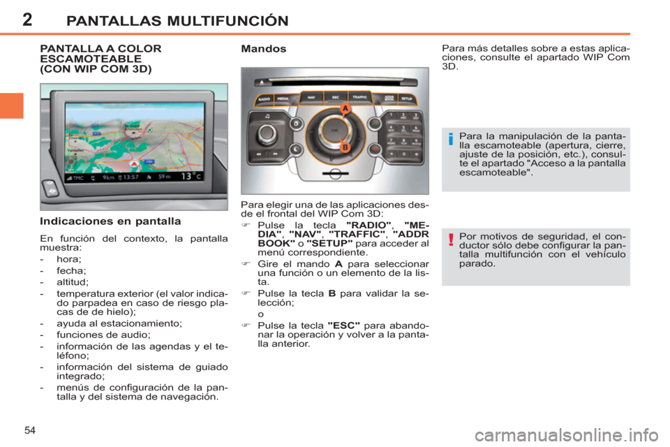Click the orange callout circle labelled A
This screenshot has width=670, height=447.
tap(345, 108)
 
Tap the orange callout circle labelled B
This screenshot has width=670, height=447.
tap(345, 147)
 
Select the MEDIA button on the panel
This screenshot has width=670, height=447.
tap(283, 98)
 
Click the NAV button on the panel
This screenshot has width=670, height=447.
tap(311, 97)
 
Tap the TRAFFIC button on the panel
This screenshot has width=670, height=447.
tap(359, 97)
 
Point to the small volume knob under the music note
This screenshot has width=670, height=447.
tap(267, 132)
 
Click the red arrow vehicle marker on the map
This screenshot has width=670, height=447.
tap(133, 163)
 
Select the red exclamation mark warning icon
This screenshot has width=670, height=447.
tap(451, 242)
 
